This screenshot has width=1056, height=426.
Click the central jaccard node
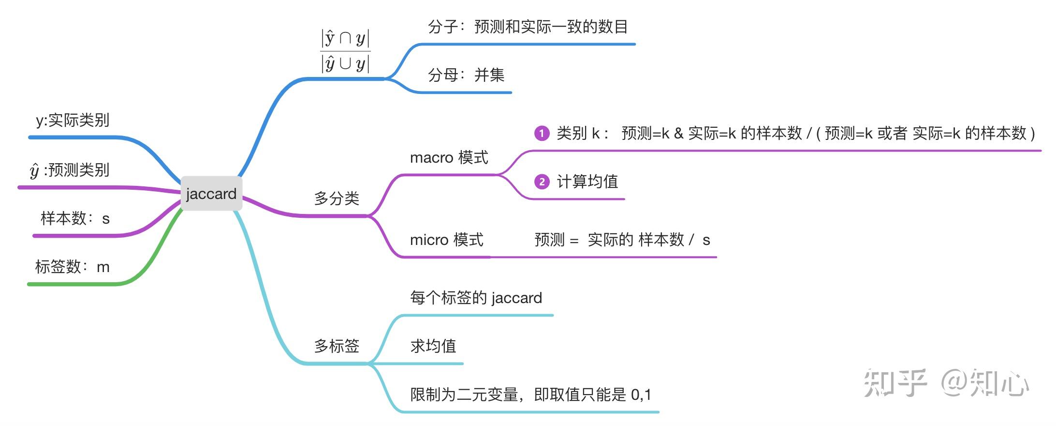(211, 194)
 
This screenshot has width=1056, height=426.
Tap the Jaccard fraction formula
(345, 51)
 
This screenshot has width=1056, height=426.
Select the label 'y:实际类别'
(73, 120)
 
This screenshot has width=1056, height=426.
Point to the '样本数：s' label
(75, 218)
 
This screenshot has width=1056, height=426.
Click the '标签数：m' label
(73, 267)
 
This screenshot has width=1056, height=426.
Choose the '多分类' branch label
(337, 198)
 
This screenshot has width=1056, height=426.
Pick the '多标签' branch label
(337, 346)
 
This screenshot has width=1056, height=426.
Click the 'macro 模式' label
(449, 157)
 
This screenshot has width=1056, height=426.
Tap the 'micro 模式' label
(446, 240)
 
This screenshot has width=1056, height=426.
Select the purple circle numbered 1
(542, 133)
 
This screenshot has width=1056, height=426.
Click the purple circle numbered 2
(542, 182)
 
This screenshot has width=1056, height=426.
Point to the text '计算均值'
(587, 182)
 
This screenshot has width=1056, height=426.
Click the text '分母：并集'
(466, 75)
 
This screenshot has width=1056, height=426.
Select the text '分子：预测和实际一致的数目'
(528, 27)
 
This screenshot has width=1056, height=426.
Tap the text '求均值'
(433, 346)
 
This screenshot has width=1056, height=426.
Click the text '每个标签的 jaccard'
(476, 298)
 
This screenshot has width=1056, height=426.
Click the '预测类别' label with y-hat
(70, 170)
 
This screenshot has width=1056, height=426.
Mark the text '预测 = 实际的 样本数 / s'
(622, 240)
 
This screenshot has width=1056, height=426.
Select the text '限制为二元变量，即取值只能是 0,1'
(530, 395)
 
